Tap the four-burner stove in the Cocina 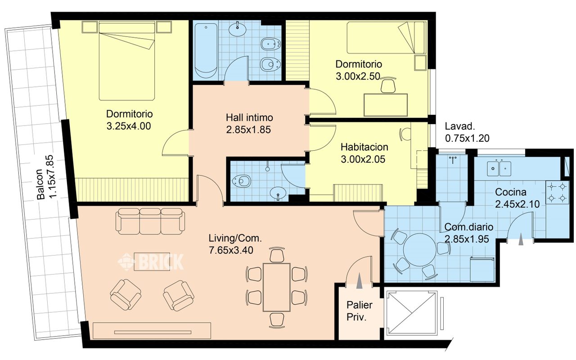pos(557,192)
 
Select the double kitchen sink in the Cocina pos(499,168)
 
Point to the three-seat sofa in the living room pos(150,221)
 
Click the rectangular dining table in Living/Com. pos(277,287)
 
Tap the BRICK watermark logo pos(151,262)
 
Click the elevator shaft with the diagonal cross pos(412,313)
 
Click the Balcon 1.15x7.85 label pos(46,177)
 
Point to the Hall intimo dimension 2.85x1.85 pos(248,130)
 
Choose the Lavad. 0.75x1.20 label pos(467,132)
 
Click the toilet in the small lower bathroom pos(241,181)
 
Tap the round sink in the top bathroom pos(237,30)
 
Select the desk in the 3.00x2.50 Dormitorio pos(386,105)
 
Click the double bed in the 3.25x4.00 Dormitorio pos(127,61)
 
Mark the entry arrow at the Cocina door pos(521,239)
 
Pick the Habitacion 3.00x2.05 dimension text pos(363,159)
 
